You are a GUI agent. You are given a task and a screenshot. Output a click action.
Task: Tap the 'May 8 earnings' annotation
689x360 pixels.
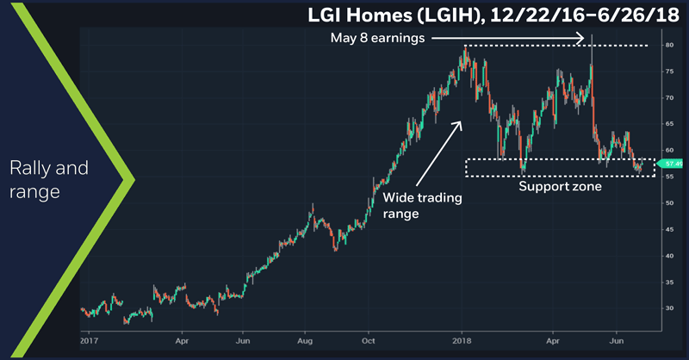[376, 38]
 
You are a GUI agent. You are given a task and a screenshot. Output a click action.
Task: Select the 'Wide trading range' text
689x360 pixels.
[422, 205]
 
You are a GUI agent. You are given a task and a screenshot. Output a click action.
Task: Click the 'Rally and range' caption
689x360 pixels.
[50, 179]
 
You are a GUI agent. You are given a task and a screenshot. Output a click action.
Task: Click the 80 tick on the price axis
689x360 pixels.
[668, 45]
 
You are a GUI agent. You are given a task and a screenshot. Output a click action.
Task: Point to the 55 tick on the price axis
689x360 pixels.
[668, 177]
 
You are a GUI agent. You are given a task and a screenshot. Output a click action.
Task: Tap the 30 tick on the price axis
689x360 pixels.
[668, 308]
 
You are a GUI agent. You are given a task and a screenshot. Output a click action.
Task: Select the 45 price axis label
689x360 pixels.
[668, 229]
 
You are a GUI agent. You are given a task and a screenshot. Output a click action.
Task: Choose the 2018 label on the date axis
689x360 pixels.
[463, 340]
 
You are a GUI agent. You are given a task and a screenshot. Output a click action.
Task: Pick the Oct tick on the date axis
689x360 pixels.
[368, 340]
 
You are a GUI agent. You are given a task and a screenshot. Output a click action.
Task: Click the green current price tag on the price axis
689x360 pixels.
[669, 163]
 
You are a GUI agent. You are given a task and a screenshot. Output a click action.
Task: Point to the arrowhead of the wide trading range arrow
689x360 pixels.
[459, 123]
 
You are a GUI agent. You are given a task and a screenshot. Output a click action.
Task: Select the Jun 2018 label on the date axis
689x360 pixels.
[618, 340]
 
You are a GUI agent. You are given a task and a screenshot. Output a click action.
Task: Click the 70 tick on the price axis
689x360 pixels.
[668, 97]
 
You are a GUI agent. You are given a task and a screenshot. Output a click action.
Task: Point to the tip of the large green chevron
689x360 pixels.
[135, 180]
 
